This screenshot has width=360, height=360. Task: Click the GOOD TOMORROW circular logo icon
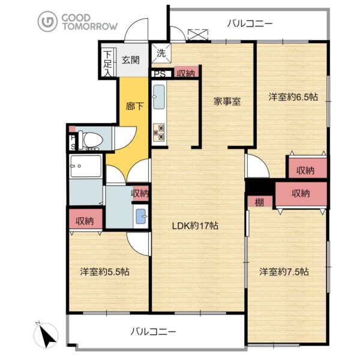47,22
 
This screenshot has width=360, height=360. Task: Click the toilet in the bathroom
90,139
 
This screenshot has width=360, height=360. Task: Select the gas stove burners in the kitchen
159,133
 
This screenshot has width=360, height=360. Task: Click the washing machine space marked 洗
161,53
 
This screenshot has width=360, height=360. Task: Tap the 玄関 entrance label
131,60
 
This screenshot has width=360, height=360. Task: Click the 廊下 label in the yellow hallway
134,106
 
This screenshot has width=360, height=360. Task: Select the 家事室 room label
227,101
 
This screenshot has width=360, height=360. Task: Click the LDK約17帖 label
195,226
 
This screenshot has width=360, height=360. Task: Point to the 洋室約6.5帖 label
293,97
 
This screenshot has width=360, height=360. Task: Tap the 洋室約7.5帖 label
284,272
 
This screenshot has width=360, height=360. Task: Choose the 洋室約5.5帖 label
104,272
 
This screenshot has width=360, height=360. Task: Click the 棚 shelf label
259,202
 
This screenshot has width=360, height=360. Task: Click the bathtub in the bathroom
86,166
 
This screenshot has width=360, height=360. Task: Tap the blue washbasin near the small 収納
141,216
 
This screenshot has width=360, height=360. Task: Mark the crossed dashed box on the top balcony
198,35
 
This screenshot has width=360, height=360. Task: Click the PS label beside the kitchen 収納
160,74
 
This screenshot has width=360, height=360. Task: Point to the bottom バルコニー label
154,332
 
